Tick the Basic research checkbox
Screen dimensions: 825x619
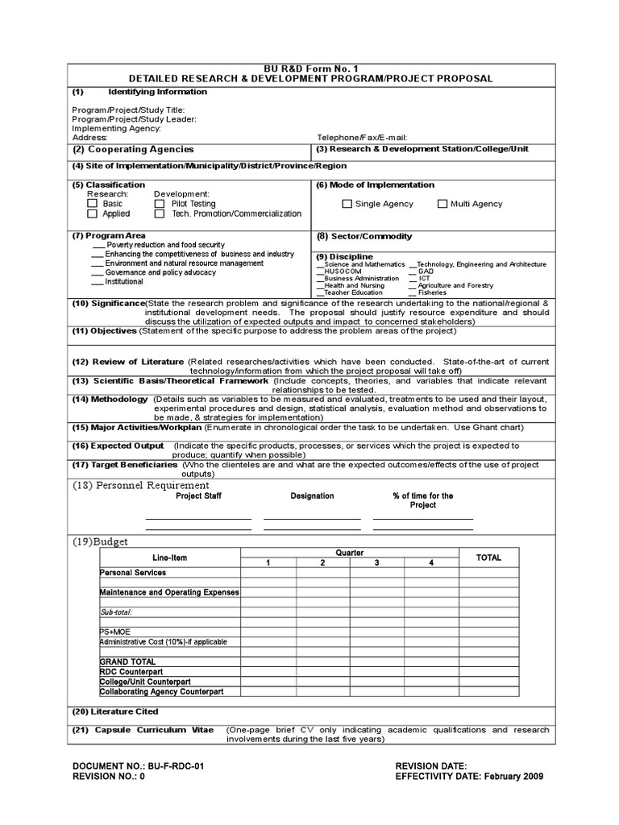[x=92, y=205]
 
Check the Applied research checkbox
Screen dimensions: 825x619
[x=92, y=214]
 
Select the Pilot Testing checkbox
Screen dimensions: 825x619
[x=159, y=205]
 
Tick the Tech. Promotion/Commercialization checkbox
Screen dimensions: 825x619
[x=159, y=214]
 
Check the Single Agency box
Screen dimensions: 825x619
[x=347, y=205]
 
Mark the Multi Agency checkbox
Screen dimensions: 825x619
[x=442, y=205]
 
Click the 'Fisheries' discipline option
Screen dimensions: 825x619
[x=431, y=292]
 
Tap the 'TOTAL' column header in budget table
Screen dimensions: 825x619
[x=488, y=558]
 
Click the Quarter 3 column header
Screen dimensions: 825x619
[x=376, y=562]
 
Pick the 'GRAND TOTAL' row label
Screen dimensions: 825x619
[x=127, y=661]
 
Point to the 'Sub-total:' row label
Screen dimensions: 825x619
[x=117, y=612]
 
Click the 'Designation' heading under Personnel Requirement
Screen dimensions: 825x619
[x=312, y=496]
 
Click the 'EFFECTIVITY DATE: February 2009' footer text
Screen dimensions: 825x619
[x=469, y=777]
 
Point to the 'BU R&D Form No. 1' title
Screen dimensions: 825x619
[x=309, y=68]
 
